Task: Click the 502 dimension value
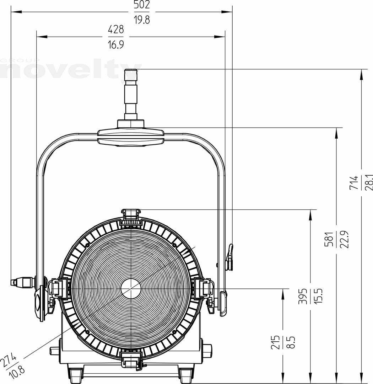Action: coord(142,5)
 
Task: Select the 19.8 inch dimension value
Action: coord(142,20)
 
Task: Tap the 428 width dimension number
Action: coord(116,30)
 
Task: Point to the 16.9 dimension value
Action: coord(116,44)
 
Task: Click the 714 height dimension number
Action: coord(354,182)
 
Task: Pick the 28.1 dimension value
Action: coord(369,182)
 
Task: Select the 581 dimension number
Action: coord(329,239)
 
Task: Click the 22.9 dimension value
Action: coord(344,239)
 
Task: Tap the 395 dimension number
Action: coord(303,296)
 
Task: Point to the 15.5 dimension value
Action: coord(318,296)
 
